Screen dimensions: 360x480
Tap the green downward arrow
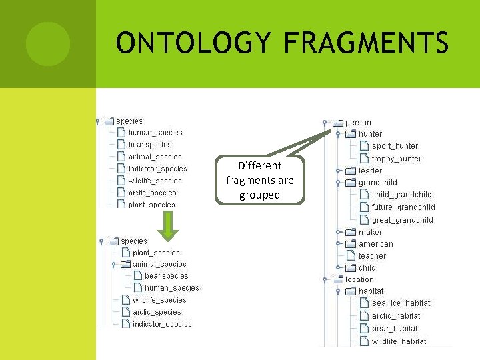point(169,226)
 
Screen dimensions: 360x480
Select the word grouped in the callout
point(260,195)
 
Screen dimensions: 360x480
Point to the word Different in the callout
point(260,165)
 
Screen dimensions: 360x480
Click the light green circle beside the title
point(48,44)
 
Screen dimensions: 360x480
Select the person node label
point(358,123)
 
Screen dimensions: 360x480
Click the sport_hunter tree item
point(395,146)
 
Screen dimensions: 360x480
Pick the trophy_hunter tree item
point(396,159)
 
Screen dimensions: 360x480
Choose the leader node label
point(370,171)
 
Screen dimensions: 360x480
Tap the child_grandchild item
point(401,195)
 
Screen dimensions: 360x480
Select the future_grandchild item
point(403,207)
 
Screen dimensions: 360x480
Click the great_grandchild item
point(402,220)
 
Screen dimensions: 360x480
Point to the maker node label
point(370,232)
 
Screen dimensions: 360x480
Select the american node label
point(375,244)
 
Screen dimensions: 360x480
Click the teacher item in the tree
point(372,256)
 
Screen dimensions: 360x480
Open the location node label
point(359,279)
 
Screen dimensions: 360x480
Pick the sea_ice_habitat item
point(401,303)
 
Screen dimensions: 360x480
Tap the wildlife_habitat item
point(399,341)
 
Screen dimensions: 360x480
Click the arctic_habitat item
point(396,316)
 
